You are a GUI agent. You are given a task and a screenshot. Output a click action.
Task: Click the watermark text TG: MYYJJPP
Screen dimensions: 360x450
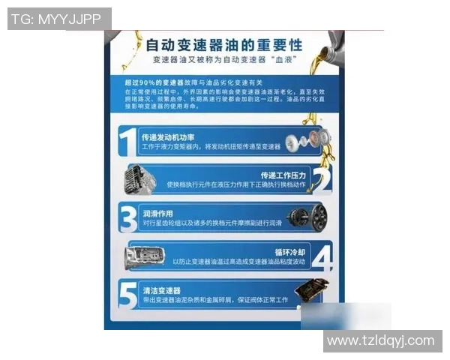[59, 19]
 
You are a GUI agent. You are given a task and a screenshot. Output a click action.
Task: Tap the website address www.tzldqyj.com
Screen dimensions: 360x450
[381, 340]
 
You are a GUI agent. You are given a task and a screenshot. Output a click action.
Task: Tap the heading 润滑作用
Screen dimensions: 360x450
[157, 214]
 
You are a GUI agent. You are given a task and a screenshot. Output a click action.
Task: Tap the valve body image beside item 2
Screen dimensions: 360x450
[140, 181]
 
